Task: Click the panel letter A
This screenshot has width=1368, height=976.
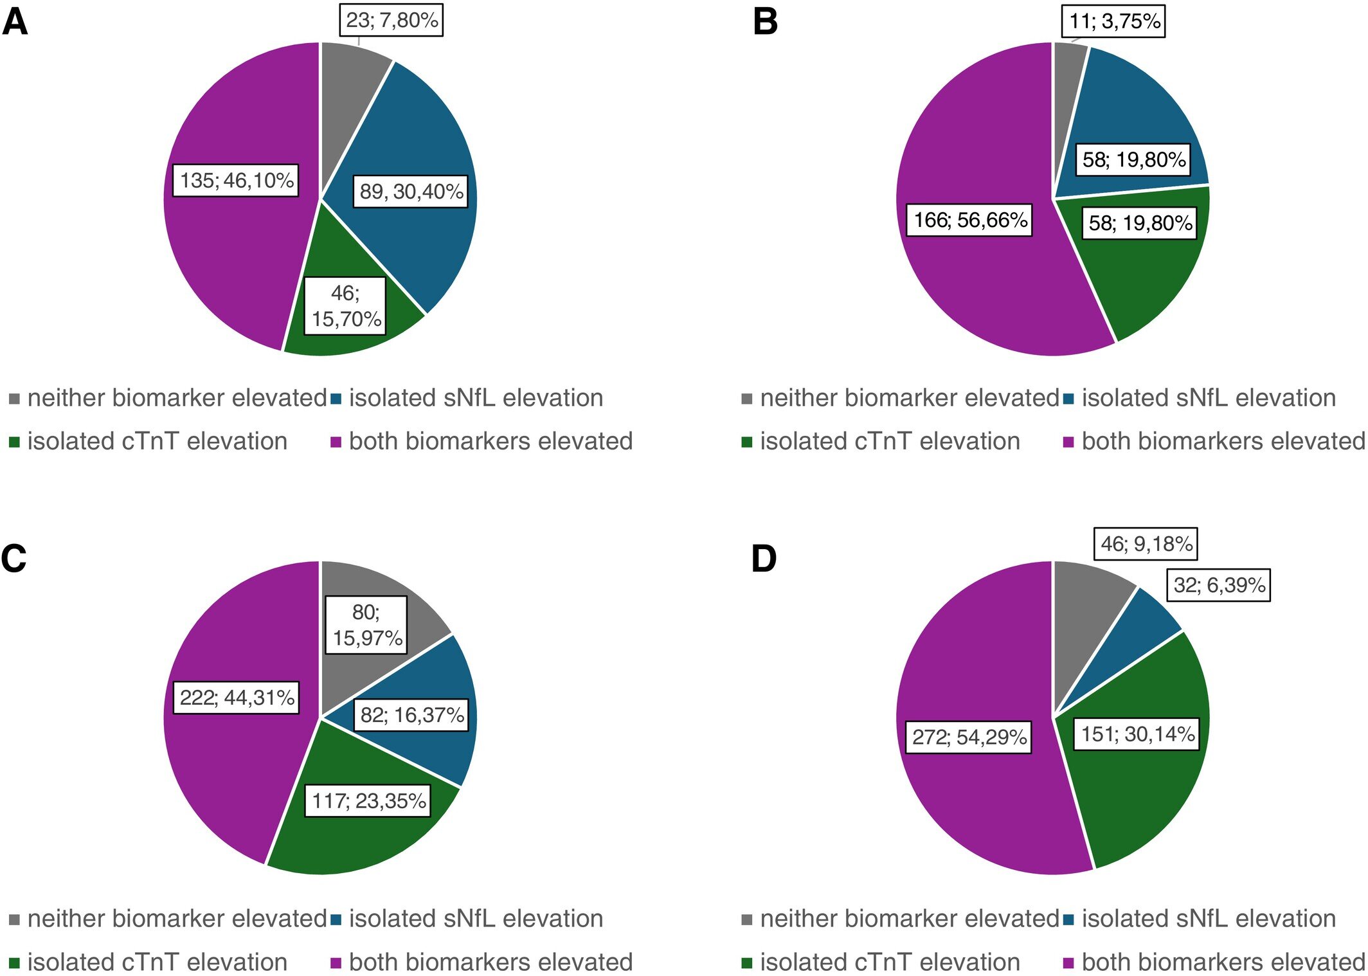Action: [15, 22]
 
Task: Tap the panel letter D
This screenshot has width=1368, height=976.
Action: [764, 558]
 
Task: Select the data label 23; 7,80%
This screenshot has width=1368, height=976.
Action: [392, 20]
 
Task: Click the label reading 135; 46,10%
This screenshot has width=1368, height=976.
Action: [236, 180]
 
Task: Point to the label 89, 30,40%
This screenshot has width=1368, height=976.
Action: [411, 191]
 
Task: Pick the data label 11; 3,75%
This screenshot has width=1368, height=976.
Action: [1114, 21]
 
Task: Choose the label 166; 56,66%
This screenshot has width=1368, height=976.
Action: [969, 220]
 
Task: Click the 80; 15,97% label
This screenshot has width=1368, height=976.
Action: [366, 624]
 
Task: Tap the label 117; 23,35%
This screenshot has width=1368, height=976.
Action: [368, 800]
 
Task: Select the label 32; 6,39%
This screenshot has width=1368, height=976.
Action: [1218, 585]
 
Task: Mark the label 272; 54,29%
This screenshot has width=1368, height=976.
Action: [969, 737]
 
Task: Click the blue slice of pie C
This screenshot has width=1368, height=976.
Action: [444, 682]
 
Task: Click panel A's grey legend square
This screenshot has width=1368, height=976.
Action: [15, 399]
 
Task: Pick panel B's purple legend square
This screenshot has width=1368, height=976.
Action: [1068, 442]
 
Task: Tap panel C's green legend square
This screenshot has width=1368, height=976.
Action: [15, 963]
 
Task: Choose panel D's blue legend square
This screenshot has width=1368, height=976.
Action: [1068, 919]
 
